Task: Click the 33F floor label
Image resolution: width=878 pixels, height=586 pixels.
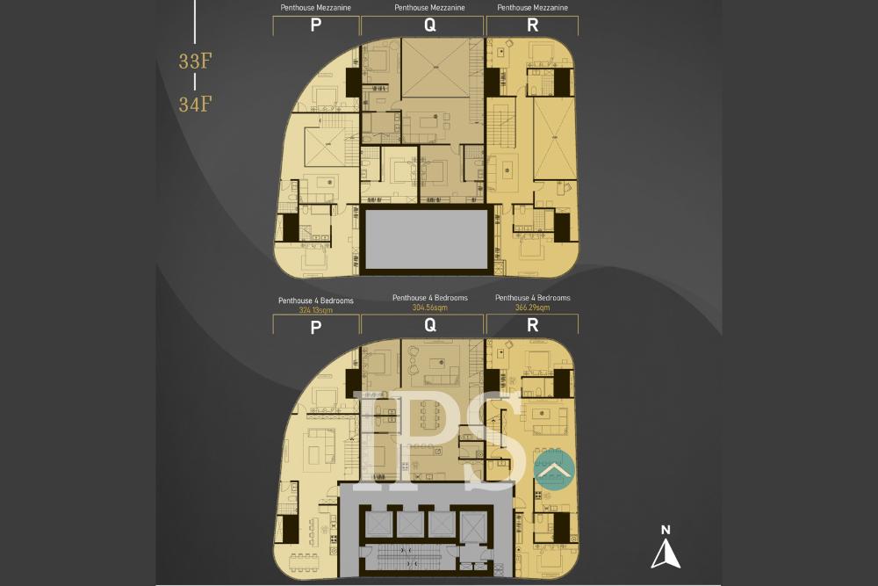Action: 195,61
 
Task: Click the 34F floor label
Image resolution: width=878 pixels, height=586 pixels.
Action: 195,104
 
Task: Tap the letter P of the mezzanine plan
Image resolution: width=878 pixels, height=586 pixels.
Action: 315,25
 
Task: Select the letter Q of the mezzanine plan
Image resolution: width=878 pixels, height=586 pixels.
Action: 429,25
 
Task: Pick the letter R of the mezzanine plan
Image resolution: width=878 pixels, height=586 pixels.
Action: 532,25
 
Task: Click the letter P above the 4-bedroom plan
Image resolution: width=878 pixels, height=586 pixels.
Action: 315,327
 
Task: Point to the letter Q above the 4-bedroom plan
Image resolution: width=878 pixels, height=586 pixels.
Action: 429,326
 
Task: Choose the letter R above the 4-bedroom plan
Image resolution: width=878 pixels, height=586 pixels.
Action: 532,326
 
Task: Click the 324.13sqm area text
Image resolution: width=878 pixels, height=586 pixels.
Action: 315,310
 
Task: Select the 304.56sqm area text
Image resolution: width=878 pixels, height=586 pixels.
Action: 429,307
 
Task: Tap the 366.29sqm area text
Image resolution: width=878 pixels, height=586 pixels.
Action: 532,307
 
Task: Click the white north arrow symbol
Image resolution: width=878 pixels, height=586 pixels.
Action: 666,554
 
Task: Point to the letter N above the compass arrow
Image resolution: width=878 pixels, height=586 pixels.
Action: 666,530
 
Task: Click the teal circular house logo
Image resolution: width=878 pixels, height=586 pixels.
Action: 553,471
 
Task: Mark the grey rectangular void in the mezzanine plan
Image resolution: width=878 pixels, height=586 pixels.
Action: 426,238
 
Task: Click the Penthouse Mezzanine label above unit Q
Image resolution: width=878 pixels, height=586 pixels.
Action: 429,8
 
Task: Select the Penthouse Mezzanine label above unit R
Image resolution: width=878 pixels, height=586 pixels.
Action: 532,8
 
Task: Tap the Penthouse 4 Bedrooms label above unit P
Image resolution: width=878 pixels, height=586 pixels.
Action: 315,300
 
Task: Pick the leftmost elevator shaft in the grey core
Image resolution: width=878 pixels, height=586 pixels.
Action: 378,524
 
